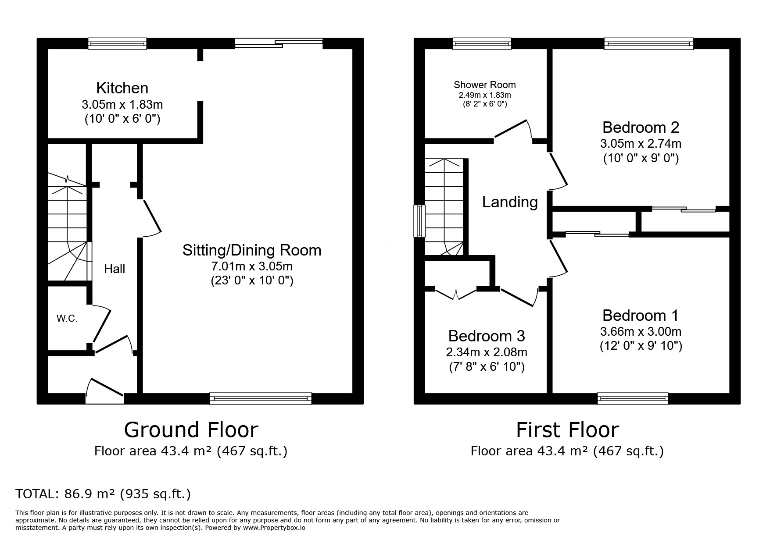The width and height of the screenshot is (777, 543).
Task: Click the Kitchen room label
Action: (x=122, y=88)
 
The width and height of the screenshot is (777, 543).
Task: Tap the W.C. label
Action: (x=67, y=319)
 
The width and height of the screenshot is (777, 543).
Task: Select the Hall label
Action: (x=115, y=269)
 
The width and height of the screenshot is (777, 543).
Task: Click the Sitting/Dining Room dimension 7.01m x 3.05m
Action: (x=252, y=266)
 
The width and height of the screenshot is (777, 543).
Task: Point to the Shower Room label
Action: (x=485, y=85)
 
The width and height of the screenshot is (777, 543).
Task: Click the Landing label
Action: (x=510, y=202)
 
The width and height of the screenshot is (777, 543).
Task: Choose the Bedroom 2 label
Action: (x=641, y=127)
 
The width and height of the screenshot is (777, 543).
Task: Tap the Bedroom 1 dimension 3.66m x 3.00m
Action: (x=641, y=332)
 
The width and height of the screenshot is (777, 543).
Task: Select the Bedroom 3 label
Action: (x=487, y=336)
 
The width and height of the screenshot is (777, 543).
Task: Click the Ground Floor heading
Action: (x=191, y=429)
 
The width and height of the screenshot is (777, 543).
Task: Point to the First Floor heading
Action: (x=567, y=429)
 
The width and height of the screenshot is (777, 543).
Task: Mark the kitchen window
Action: (x=117, y=43)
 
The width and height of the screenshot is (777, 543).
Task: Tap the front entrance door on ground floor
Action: (x=105, y=388)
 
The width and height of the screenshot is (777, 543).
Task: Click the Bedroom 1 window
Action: (x=633, y=398)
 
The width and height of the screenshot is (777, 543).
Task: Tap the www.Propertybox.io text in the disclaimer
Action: (x=274, y=528)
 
